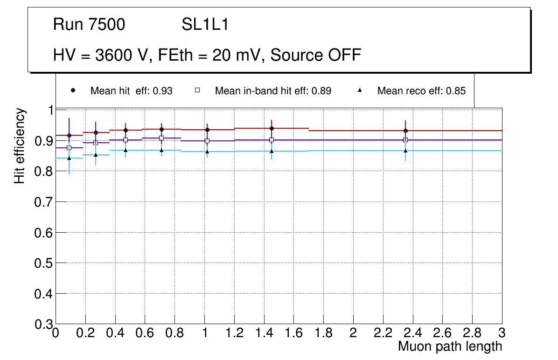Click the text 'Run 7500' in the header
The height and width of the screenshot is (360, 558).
click(89, 25)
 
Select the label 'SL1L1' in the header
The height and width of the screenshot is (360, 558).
click(205, 25)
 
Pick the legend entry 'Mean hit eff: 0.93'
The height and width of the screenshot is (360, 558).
click(131, 91)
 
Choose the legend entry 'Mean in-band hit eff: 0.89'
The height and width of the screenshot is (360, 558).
click(273, 91)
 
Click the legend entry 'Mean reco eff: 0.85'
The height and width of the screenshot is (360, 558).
click(421, 91)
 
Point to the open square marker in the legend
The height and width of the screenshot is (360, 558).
click(197, 90)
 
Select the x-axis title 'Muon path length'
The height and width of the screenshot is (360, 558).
click(450, 346)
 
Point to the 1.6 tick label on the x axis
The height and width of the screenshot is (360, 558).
click(294, 333)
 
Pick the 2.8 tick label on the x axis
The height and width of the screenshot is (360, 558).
click(472, 333)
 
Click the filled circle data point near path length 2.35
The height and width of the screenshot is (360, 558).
click(406, 131)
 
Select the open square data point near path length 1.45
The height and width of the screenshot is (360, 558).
click(272, 140)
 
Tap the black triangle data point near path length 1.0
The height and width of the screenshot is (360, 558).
click(207, 152)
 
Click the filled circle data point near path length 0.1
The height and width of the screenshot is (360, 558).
click(69, 135)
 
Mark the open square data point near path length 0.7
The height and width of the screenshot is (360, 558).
click(161, 138)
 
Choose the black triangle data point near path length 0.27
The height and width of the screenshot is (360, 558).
click(96, 155)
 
